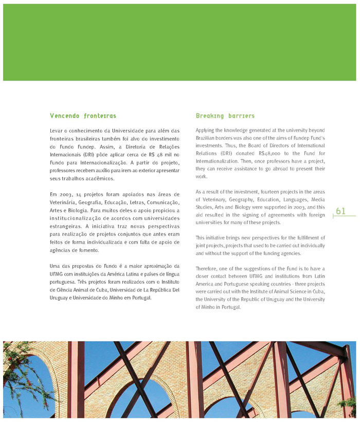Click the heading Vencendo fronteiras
click(83, 116)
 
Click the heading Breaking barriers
click(225, 116)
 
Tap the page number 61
click(340, 211)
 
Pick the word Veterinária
click(64, 203)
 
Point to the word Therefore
click(208, 269)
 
